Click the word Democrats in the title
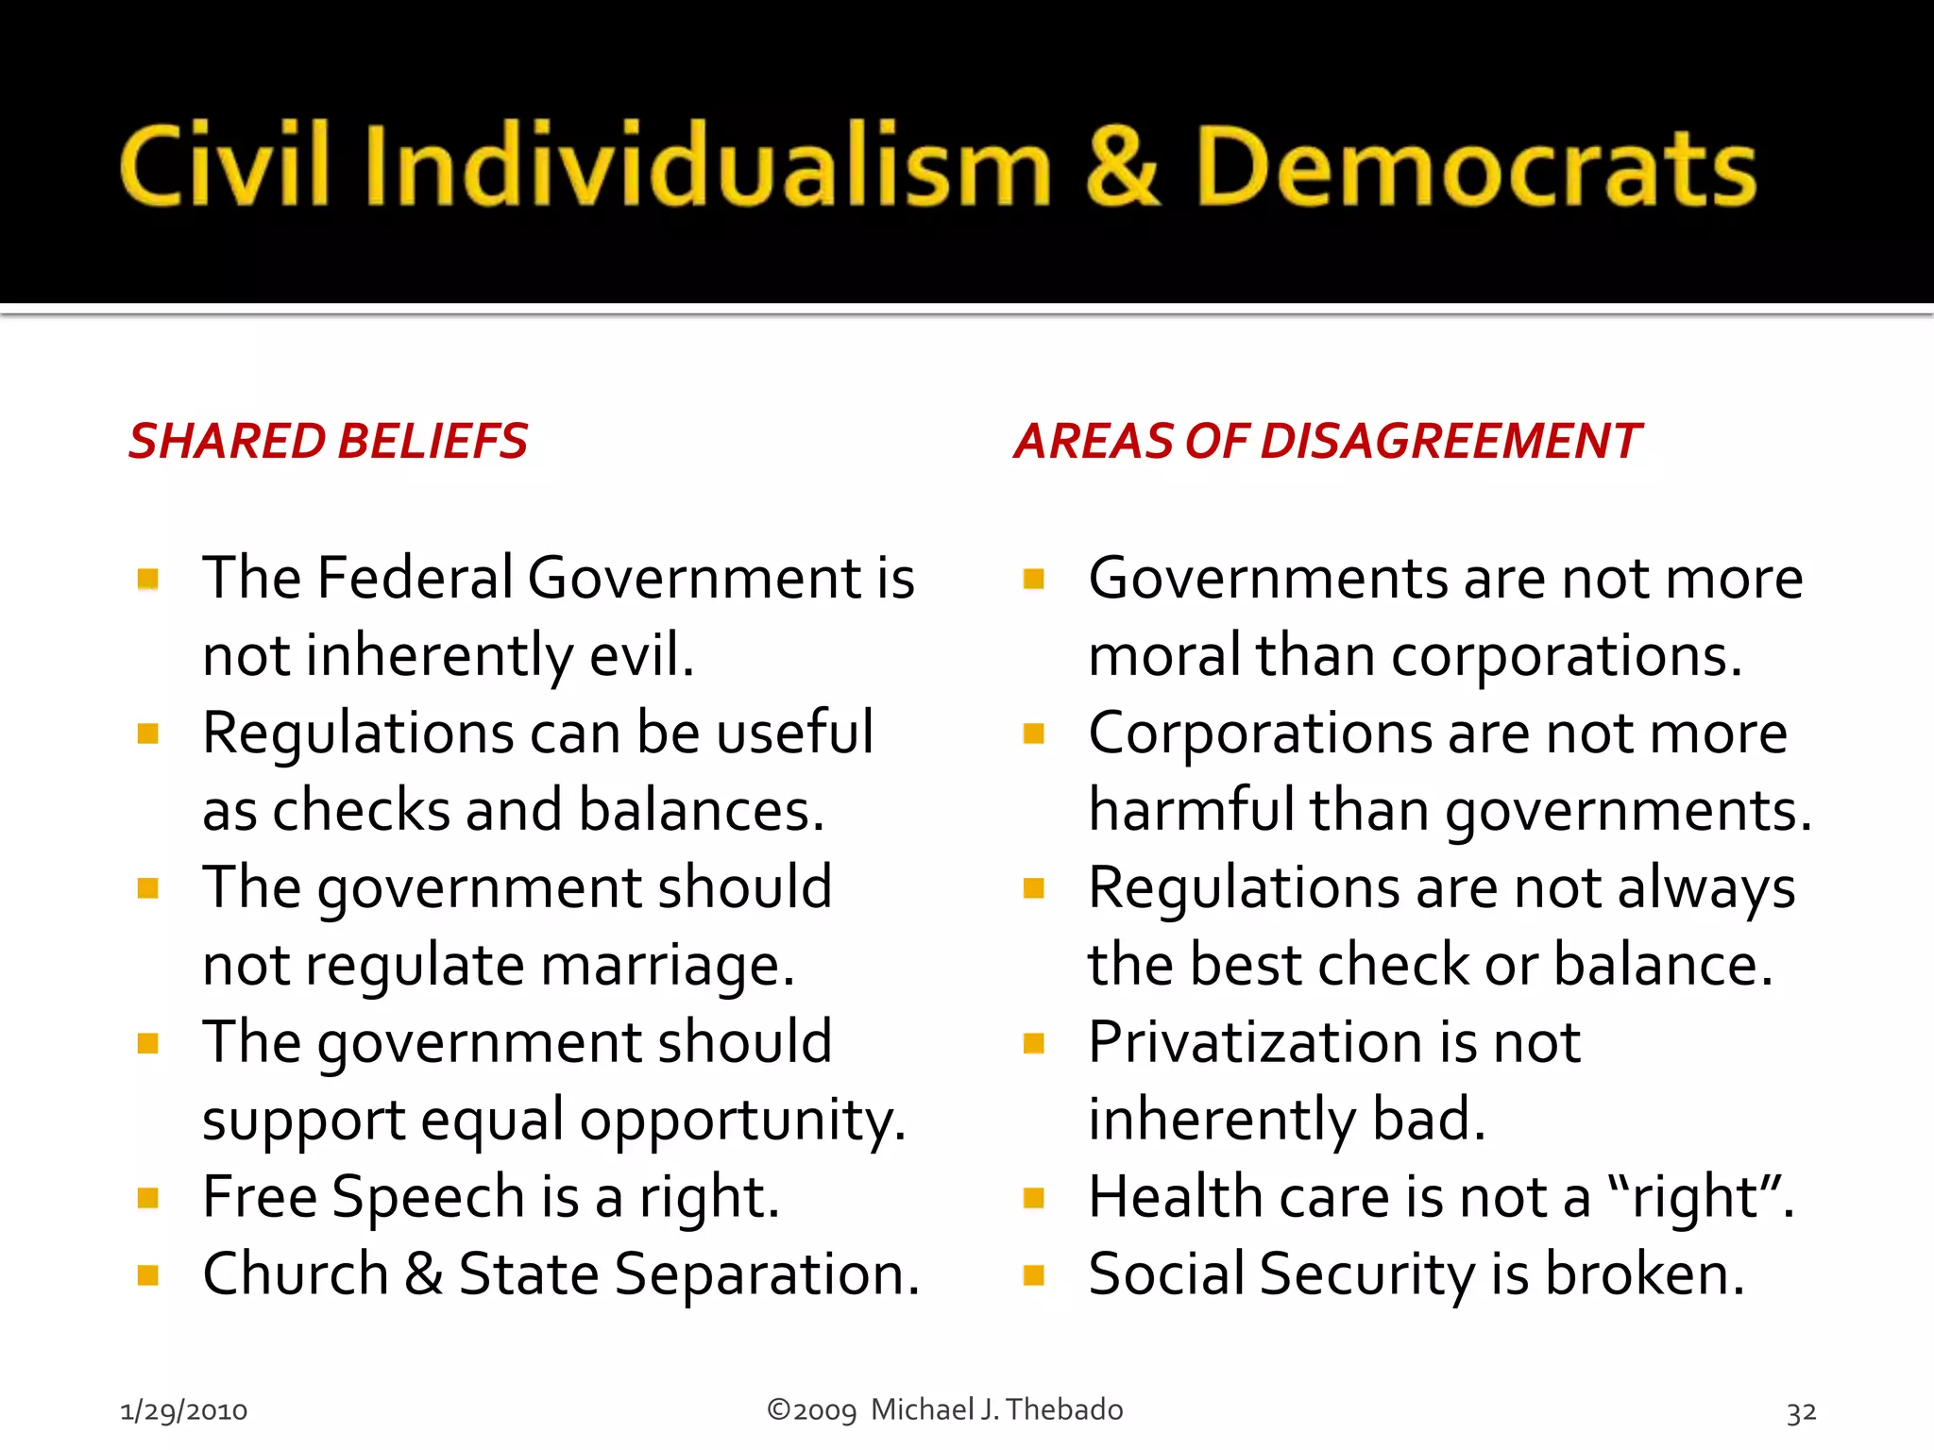click(1475, 168)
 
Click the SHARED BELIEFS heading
click(329, 441)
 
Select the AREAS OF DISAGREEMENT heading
click(1327, 441)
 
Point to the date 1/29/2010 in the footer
click(183, 1411)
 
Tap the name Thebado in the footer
click(1064, 1409)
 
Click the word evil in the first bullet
click(641, 655)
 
